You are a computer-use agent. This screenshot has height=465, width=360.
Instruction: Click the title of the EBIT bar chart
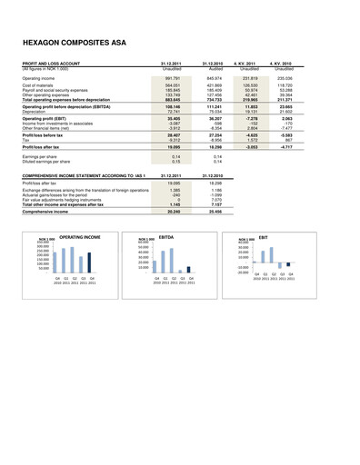264,235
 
